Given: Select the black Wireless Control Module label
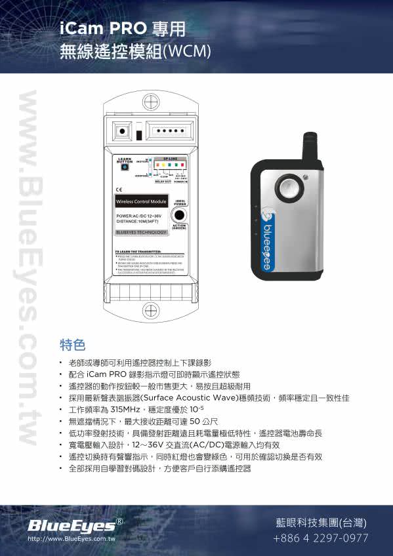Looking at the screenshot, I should tap(141, 201).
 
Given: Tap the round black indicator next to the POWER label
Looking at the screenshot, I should tap(178, 216).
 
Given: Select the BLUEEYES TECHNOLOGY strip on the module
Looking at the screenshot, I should tap(140, 232).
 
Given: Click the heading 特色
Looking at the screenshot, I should tap(72, 344).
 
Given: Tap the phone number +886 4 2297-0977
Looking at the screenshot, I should tap(320, 538).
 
